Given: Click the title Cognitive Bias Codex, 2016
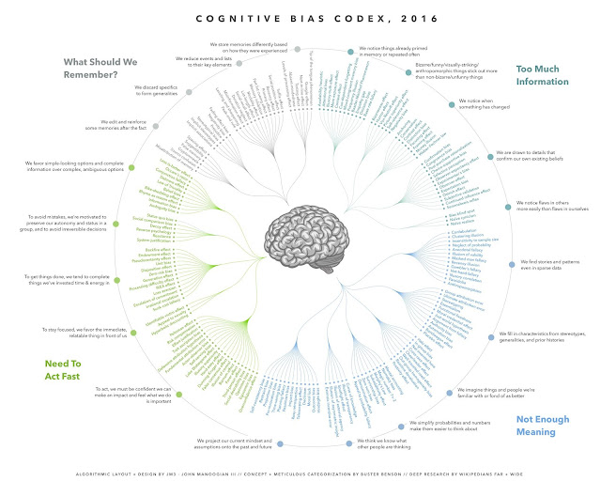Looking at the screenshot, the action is click(x=300, y=16).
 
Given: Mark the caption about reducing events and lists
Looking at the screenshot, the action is click(x=205, y=63).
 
